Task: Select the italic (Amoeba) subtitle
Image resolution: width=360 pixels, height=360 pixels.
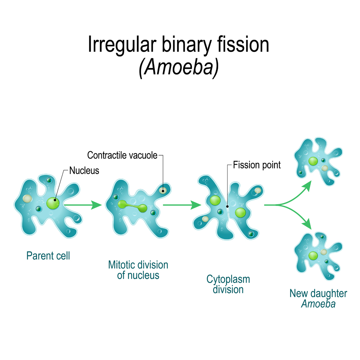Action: coord(179,67)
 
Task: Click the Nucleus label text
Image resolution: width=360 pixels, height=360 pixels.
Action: coord(84,171)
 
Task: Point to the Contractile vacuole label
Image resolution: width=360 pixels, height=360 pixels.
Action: coord(122,156)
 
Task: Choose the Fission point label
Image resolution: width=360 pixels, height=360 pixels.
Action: coord(257,165)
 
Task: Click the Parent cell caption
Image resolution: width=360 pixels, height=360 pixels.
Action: coord(48,256)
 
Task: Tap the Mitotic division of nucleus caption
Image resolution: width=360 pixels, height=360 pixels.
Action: coord(138,270)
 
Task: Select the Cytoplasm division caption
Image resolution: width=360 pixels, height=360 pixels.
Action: coord(228,284)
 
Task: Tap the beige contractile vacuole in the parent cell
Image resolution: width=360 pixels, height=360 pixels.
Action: coord(27,198)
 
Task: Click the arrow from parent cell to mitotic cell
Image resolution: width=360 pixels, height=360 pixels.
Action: coord(83,205)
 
